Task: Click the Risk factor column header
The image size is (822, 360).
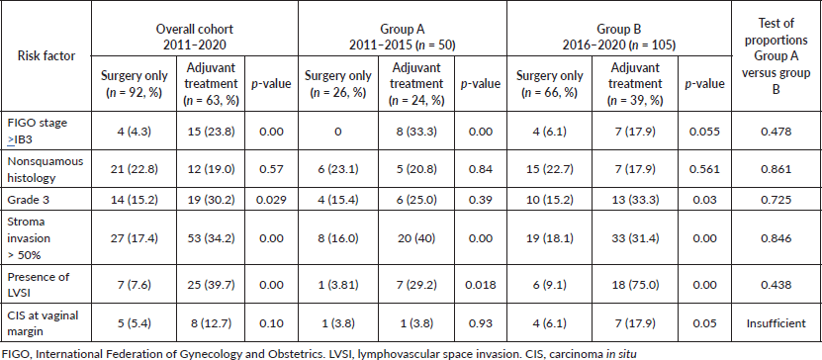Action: (x=46, y=56)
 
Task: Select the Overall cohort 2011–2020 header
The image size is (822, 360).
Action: (x=195, y=37)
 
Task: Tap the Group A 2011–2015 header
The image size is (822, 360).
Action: (x=403, y=37)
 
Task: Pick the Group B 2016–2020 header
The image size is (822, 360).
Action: (x=619, y=37)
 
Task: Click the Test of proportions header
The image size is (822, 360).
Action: (x=776, y=56)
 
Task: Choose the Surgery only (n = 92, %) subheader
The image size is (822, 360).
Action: (x=135, y=83)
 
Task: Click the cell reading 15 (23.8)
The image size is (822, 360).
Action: (x=210, y=131)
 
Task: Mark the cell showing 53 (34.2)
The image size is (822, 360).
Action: (x=210, y=238)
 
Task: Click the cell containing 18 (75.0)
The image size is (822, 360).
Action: (x=636, y=284)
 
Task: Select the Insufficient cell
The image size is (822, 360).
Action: (x=776, y=323)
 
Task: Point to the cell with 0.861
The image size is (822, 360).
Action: (x=776, y=169)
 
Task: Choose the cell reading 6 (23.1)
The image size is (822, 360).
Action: (x=337, y=169)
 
